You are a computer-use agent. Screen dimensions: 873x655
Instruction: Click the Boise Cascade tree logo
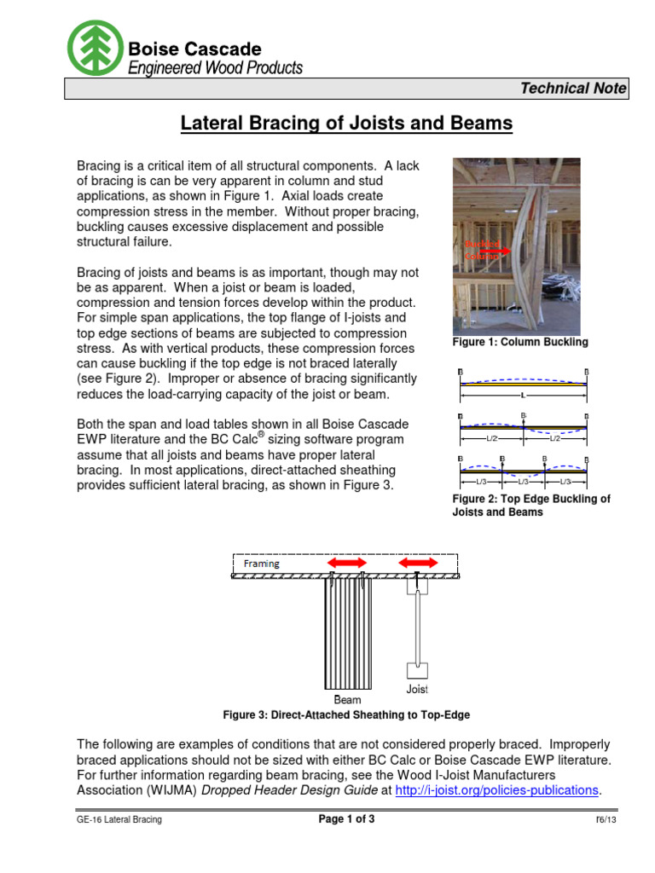pos(96,47)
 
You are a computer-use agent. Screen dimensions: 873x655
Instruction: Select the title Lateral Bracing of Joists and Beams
pos(346,124)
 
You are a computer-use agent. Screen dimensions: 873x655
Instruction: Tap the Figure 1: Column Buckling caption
pos(519,342)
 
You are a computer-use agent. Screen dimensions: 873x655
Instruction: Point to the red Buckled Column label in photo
pos(482,250)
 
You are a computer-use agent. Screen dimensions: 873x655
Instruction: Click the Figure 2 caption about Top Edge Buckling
pos(530,506)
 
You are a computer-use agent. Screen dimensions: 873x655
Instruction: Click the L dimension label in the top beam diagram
pos(522,396)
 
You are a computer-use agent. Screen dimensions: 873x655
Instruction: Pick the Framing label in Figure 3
pos(261,564)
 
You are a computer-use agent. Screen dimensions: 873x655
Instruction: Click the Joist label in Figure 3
pos(416,688)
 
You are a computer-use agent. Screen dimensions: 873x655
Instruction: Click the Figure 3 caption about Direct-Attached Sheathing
pos(346,714)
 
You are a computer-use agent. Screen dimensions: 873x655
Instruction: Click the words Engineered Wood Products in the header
pos(214,68)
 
